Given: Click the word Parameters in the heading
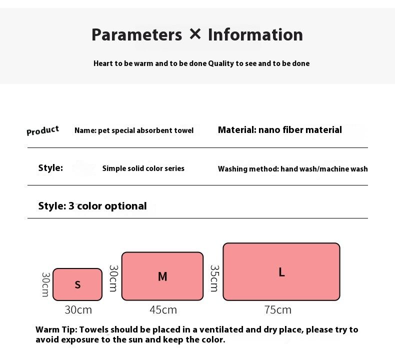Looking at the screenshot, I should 136,35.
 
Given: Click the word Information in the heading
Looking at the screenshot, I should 255,35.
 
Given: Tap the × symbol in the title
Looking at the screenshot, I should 195,34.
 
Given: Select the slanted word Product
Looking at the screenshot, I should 42,130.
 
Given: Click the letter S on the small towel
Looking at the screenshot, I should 77,284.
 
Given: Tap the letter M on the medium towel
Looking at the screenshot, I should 162,276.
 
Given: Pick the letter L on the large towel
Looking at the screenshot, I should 281,272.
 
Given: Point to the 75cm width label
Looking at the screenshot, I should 278,309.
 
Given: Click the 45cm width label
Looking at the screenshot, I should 163,309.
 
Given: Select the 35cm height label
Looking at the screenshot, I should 214,278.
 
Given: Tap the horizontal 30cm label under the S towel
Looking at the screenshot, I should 78,309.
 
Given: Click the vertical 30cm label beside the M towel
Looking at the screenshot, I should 113,278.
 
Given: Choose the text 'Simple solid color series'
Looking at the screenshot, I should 143,168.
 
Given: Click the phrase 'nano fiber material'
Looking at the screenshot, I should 300,130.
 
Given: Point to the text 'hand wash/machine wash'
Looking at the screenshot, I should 324,169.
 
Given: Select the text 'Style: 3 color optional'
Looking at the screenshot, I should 92,206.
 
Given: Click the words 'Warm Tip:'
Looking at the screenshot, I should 56,329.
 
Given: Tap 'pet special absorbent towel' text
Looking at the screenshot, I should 145,130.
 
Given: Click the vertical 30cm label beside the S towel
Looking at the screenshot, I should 45,284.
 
